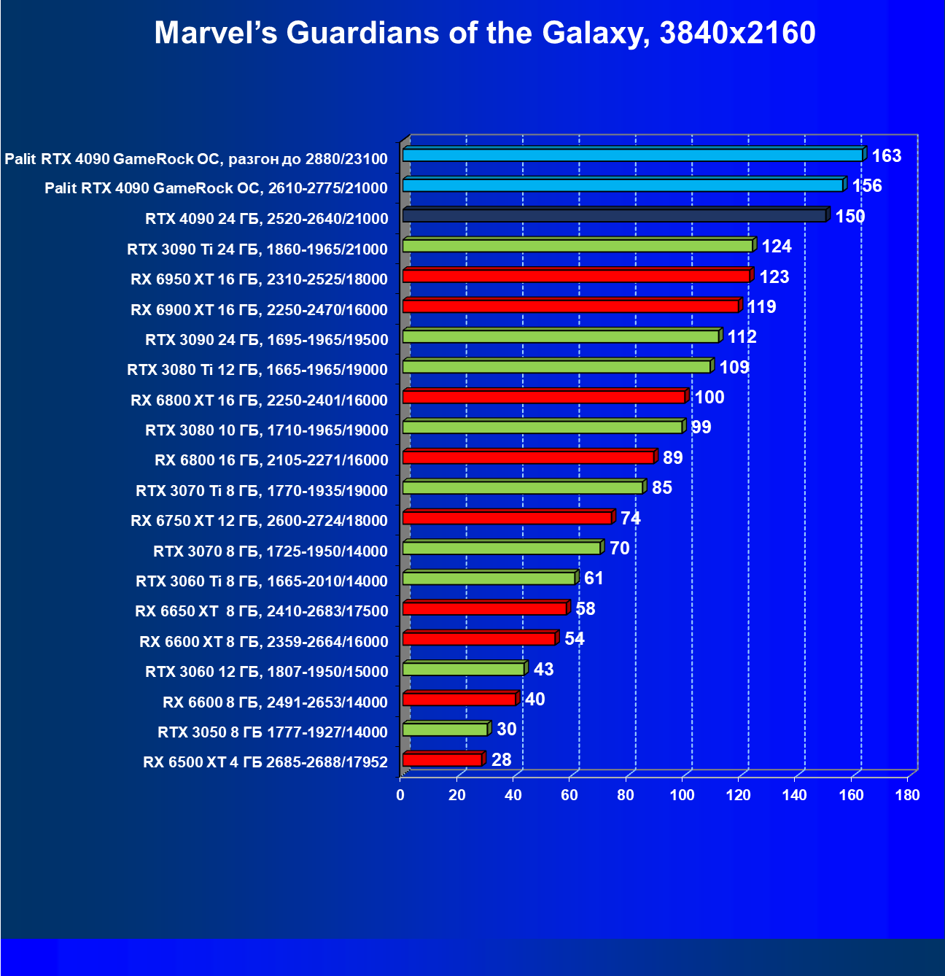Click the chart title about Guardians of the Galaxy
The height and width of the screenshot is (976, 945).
click(x=485, y=34)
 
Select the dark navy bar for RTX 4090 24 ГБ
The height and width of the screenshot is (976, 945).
click(x=614, y=216)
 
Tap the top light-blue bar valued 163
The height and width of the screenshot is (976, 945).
click(x=632, y=155)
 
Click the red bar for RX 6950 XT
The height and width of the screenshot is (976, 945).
click(x=576, y=276)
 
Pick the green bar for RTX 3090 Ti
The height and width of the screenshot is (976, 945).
click(x=577, y=246)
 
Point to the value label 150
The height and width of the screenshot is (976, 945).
click(x=849, y=217)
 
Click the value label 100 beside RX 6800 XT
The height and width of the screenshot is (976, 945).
click(x=709, y=398)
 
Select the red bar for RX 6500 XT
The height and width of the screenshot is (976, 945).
click(x=442, y=760)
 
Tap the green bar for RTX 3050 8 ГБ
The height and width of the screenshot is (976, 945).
click(x=445, y=729)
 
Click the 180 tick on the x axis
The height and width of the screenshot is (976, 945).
click(x=908, y=795)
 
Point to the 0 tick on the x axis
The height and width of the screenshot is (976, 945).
click(x=400, y=795)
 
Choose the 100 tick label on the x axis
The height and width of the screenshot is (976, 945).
click(x=682, y=795)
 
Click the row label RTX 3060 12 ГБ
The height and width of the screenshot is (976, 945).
click(x=266, y=672)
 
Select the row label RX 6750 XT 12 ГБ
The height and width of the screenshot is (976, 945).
click(x=259, y=521)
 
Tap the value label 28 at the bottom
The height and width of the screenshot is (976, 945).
click(x=501, y=760)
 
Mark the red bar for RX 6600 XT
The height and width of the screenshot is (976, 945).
click(x=479, y=639)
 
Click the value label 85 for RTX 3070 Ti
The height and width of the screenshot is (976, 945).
click(x=661, y=488)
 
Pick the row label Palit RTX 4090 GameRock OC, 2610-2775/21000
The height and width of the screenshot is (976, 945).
click(x=216, y=189)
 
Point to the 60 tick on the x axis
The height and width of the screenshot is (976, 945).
click(x=569, y=795)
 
